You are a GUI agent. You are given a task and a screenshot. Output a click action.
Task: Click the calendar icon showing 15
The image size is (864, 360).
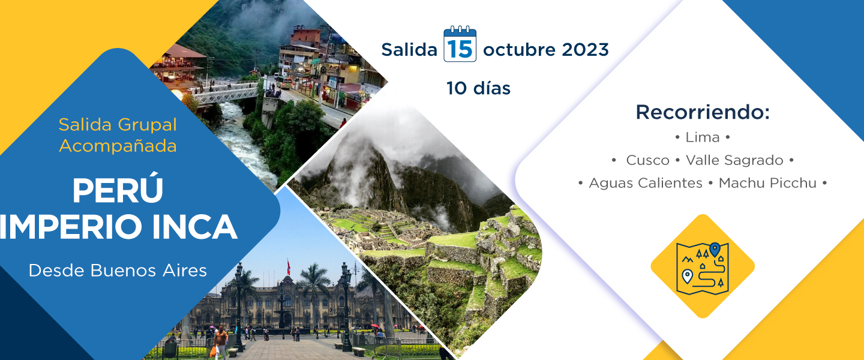coord(460,44)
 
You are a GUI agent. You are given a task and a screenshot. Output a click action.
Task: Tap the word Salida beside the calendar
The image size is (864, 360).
coord(409,50)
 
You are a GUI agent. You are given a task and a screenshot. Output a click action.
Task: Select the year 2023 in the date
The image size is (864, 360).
coord(585,50)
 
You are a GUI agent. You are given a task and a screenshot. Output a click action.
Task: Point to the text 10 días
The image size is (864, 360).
coord(478,88)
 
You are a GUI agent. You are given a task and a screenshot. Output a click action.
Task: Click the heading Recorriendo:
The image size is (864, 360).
coord(703,112)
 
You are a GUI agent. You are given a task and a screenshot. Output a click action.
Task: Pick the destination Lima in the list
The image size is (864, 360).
coord(703,137)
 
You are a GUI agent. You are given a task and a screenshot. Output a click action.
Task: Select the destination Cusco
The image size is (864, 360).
coord(647,160)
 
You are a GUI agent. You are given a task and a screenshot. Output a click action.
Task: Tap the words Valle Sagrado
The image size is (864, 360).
coord(734,160)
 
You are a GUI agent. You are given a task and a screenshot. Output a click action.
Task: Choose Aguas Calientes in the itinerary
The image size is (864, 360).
coord(646,183)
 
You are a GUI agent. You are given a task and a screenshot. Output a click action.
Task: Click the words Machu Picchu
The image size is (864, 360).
coord(767,183)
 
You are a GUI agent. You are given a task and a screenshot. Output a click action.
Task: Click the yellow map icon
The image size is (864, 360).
coord(703,266)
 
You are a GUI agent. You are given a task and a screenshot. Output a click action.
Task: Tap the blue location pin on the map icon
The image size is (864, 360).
coord(715,249)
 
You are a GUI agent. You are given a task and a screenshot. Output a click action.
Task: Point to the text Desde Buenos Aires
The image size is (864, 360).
coord(118,271)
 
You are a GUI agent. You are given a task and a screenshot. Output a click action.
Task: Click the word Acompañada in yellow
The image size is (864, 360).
coord(118,146)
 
